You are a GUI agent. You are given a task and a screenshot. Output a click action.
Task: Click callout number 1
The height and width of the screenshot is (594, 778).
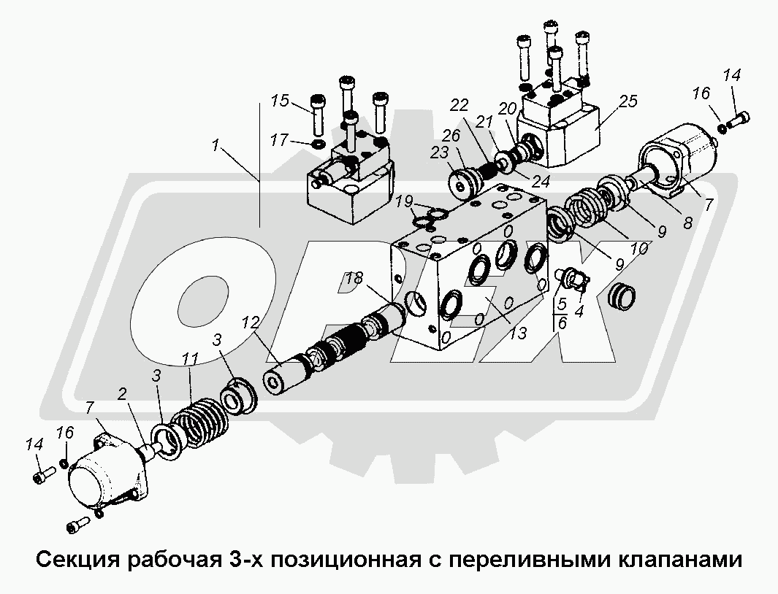pyautogui.click(x=215, y=146)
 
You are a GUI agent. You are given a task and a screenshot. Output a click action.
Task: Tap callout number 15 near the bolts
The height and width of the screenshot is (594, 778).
pyautogui.click(x=280, y=101)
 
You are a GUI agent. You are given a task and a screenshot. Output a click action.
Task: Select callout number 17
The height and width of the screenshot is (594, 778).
pyautogui.click(x=280, y=140)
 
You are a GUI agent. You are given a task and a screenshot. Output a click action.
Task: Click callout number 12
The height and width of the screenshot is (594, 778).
pyautogui.click(x=251, y=323)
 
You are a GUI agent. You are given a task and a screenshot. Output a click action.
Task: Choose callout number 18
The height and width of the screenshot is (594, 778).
pyautogui.click(x=355, y=278)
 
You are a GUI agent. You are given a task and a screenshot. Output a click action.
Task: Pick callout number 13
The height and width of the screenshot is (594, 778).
pyautogui.click(x=517, y=333)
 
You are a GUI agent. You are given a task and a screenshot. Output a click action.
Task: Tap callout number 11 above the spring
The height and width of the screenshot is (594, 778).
pyautogui.click(x=191, y=358)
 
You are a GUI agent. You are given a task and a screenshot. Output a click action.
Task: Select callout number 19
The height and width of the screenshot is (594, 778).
pyautogui.click(x=405, y=201)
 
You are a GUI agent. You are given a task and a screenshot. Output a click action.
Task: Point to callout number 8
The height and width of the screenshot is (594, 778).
pyautogui.click(x=687, y=223)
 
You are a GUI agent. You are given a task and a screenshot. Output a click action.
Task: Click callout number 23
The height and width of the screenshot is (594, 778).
pyautogui.click(x=440, y=153)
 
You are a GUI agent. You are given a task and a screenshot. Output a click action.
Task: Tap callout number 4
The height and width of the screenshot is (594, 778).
pyautogui.click(x=579, y=312)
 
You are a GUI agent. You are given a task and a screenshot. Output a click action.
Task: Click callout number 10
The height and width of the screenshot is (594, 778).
pyautogui.click(x=640, y=248)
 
